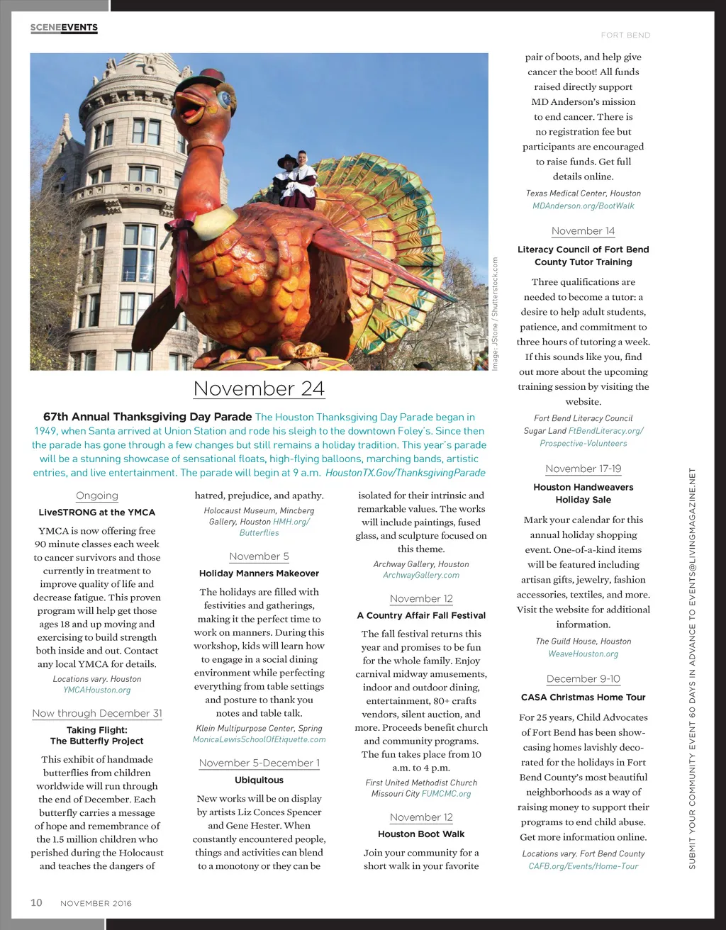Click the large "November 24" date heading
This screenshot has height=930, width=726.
(x=259, y=388)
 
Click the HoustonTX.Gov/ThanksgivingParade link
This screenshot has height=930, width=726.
(x=406, y=473)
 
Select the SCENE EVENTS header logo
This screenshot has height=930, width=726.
(x=64, y=28)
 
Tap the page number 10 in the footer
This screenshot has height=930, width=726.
(x=36, y=902)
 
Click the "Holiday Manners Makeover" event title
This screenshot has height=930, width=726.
(x=259, y=573)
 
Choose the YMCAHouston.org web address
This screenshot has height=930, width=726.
(x=97, y=690)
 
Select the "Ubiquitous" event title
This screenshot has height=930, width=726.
(x=259, y=780)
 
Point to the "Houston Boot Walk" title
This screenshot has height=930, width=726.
(x=421, y=834)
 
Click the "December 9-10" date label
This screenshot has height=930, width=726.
(x=583, y=679)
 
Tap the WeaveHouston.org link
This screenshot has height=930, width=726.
(x=583, y=654)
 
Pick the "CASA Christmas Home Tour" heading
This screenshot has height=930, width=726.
(x=583, y=697)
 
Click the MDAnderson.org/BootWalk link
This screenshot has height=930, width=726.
(x=583, y=206)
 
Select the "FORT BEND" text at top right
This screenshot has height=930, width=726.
(x=625, y=35)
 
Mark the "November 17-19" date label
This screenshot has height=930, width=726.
(x=583, y=469)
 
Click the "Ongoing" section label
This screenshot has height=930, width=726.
(x=97, y=496)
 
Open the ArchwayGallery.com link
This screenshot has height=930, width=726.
(x=421, y=576)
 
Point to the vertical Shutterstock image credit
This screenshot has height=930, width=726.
(x=495, y=313)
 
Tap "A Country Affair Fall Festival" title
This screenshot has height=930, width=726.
(x=421, y=616)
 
